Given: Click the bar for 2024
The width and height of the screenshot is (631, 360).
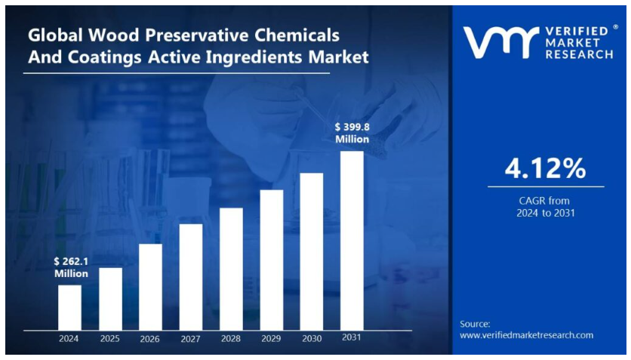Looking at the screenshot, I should [x=69, y=307].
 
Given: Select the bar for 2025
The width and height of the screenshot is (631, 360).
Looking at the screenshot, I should [x=110, y=299].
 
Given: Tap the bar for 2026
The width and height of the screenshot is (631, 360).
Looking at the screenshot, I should [x=150, y=287].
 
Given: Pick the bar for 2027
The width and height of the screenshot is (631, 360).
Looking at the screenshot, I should [x=191, y=277].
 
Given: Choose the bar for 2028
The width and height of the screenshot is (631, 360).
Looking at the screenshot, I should [x=231, y=269].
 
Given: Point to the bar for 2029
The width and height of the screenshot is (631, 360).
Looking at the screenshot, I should [x=272, y=260].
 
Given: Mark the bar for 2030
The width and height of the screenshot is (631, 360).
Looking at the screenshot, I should [x=312, y=251].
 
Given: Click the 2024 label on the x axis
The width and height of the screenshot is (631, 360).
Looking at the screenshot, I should [x=69, y=339].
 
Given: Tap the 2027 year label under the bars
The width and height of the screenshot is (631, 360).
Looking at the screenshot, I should [x=191, y=339].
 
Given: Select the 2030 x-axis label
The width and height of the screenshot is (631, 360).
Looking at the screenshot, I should [x=312, y=339].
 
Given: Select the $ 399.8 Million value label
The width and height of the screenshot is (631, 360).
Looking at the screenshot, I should [x=352, y=133].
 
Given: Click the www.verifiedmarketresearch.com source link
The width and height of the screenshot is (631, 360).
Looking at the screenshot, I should [x=527, y=334].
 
